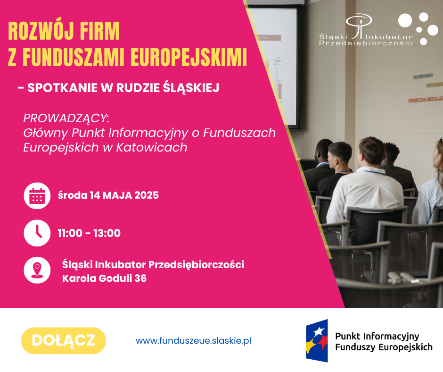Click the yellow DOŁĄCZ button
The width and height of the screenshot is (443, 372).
[64, 340]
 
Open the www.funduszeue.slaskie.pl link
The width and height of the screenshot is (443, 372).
[193, 340]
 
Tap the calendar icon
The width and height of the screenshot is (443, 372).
[37, 195]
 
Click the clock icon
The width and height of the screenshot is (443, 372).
[37, 233]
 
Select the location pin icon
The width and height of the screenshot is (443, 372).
[37, 270]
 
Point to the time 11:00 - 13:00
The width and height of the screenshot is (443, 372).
[89, 233]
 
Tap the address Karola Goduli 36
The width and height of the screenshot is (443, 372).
[104, 279]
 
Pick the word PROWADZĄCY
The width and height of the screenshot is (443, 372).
[66, 118]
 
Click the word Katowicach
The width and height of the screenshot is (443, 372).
[152, 147]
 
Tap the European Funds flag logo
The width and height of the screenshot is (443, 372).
[317, 340]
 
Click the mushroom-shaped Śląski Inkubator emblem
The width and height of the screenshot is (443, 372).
[359, 25]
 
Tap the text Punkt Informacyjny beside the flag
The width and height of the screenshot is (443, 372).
[377, 336]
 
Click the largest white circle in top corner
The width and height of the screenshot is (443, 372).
[405, 20]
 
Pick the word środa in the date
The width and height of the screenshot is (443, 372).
[73, 195]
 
